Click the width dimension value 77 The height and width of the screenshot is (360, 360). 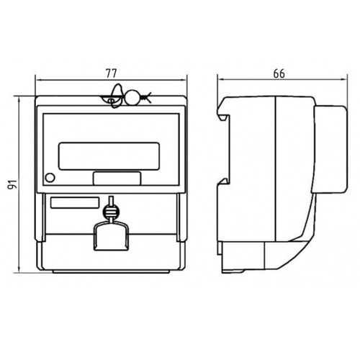(111, 73)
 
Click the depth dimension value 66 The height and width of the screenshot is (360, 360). (279, 73)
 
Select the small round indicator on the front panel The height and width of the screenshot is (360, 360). (50, 178)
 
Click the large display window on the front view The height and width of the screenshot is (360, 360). (109, 156)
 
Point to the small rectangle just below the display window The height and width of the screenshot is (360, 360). (117, 179)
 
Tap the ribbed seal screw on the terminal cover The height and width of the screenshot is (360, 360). (111, 211)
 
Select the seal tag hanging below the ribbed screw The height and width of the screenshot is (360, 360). (111, 236)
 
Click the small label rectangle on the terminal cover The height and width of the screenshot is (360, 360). (75, 202)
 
